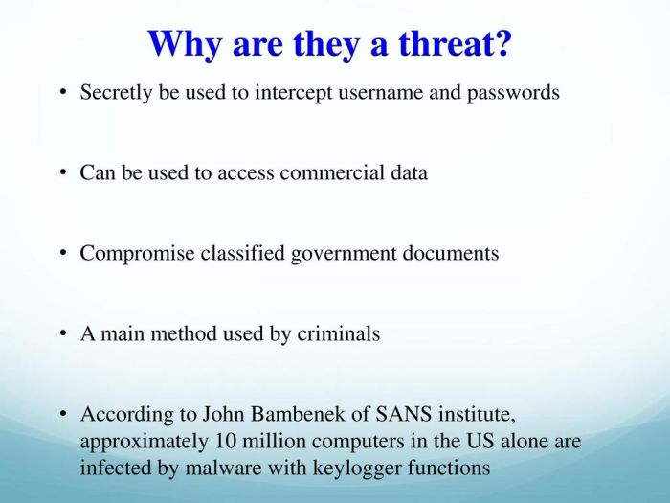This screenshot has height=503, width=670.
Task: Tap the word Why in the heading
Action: tap(185, 43)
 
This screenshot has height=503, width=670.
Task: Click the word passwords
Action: tap(513, 94)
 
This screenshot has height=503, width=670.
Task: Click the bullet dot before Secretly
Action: tap(62, 94)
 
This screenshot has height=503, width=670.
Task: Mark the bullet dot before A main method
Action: tap(62, 334)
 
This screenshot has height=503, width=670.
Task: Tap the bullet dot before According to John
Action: tap(62, 415)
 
